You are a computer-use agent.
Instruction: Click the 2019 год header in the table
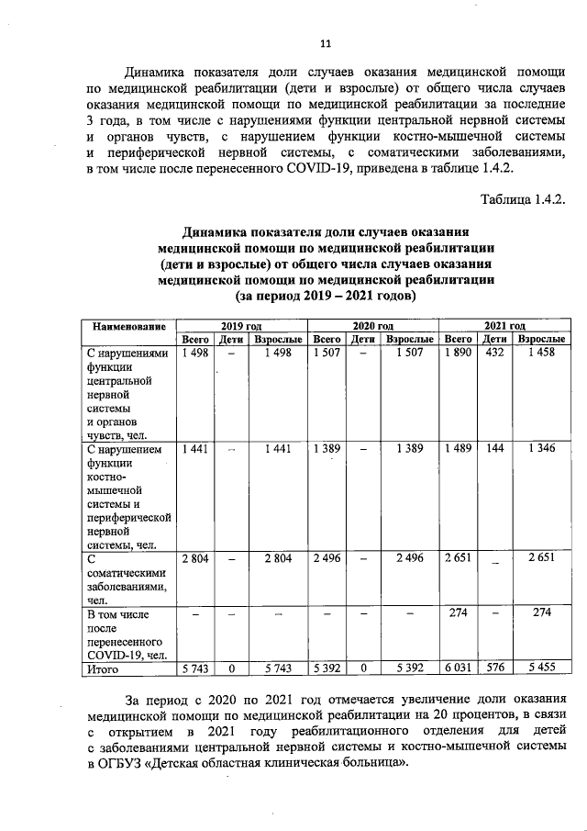(241, 326)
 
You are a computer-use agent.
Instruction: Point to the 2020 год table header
(372, 326)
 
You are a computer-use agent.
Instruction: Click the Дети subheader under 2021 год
(495, 340)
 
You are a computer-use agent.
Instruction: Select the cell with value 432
(495, 354)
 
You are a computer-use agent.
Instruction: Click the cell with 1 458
(541, 354)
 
